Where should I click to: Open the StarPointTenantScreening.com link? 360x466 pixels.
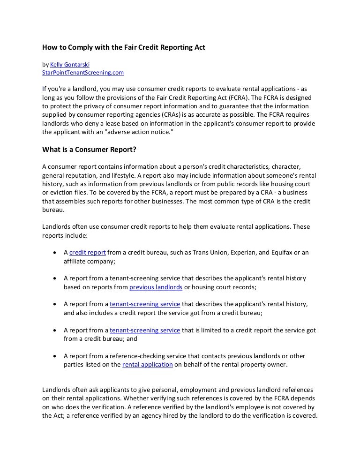tap(83, 73)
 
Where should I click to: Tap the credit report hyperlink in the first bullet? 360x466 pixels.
tap(88, 252)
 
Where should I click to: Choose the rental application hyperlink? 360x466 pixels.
tap(148, 364)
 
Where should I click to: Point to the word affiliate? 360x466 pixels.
tap(76, 261)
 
